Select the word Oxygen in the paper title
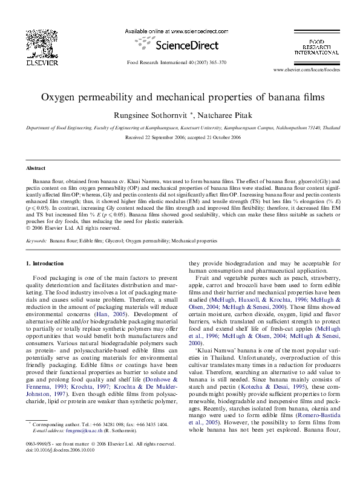click(60, 97)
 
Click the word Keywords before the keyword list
click(38, 241)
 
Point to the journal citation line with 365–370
click(176, 63)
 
